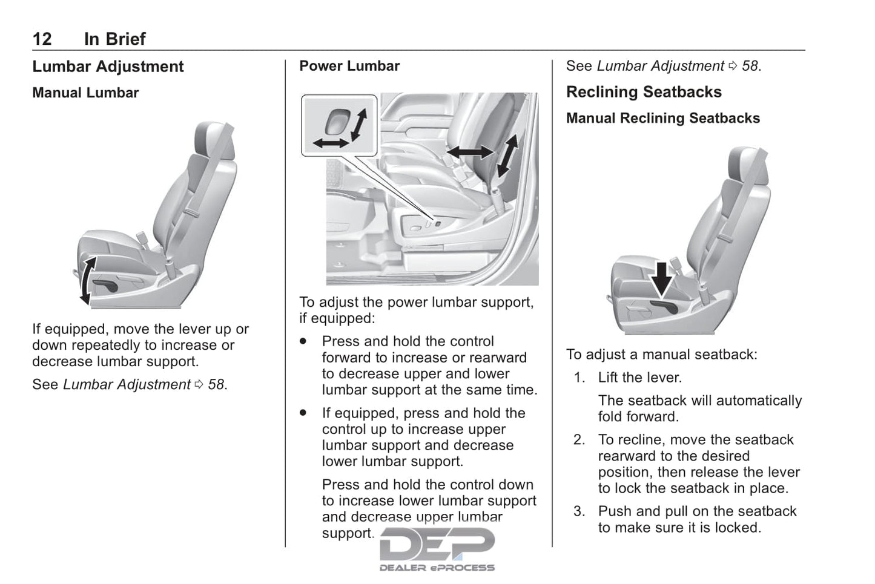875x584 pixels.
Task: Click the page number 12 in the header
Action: tap(42, 39)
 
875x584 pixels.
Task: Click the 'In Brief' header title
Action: tap(114, 39)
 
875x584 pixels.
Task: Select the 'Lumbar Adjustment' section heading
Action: tap(108, 67)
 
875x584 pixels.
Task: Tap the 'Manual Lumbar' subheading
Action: tap(85, 93)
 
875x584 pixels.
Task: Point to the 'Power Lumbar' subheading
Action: tap(349, 66)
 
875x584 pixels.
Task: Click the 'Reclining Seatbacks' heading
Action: tap(644, 92)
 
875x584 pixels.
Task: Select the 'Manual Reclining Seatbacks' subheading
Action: tap(663, 118)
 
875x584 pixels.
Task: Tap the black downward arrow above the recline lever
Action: tap(662, 278)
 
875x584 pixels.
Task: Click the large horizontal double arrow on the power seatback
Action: tap(470, 152)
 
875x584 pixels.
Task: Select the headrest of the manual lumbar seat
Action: tap(213, 142)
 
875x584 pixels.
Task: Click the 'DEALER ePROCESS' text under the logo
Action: tap(437, 568)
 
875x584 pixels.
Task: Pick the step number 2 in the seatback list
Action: tap(579, 440)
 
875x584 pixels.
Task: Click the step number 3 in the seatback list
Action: tap(579, 511)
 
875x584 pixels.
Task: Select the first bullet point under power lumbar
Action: tap(303, 341)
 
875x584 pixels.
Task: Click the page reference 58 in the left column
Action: tap(216, 384)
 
